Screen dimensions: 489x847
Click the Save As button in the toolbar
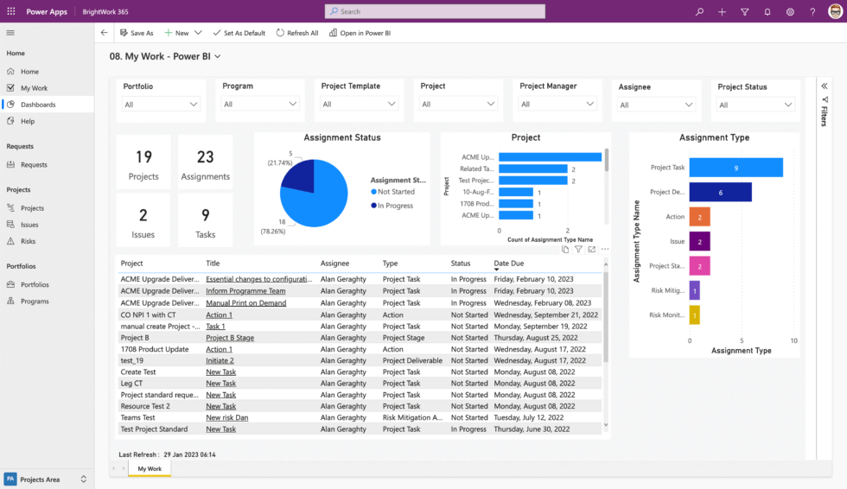[x=137, y=33]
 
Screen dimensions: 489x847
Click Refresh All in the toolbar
[x=297, y=33]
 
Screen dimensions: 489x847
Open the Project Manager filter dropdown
[x=558, y=104]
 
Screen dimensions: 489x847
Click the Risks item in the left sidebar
[x=29, y=241]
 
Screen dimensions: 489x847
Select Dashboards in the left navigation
[x=38, y=105]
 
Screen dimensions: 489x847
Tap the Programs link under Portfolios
[x=35, y=302]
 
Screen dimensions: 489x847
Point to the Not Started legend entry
[x=396, y=192]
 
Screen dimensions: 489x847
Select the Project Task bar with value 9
[x=736, y=168]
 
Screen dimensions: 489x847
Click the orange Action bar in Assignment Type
[x=699, y=217]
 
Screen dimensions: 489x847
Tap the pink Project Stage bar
[x=699, y=266]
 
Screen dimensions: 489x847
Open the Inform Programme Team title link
[x=245, y=291]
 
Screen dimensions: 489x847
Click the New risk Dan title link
[x=226, y=417]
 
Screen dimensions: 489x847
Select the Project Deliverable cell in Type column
[x=412, y=360]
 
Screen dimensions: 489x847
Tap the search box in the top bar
[x=435, y=11]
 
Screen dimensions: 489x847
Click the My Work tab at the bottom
[x=150, y=468]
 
